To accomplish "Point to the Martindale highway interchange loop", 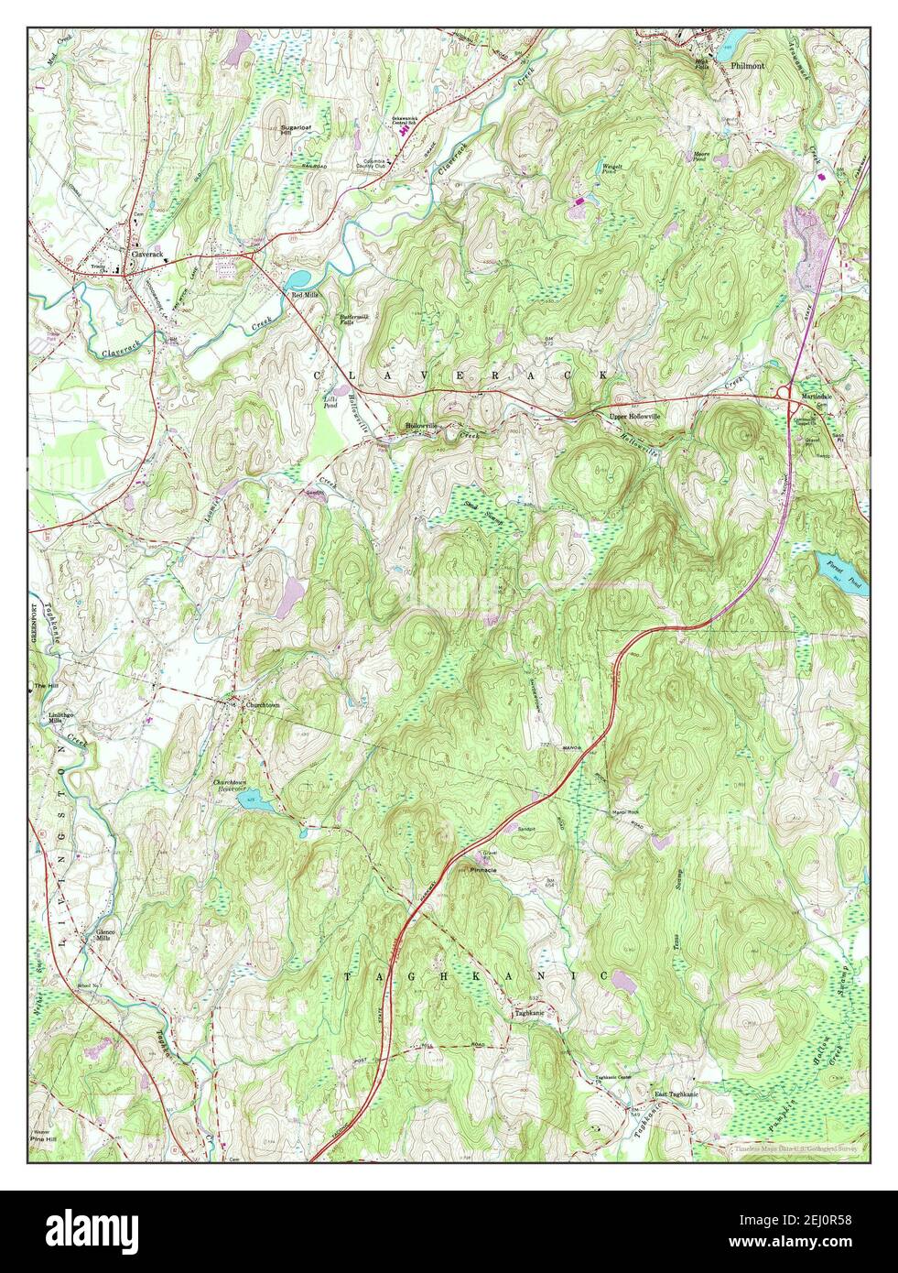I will point(784,393).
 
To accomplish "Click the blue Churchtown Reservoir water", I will point(255,803).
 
